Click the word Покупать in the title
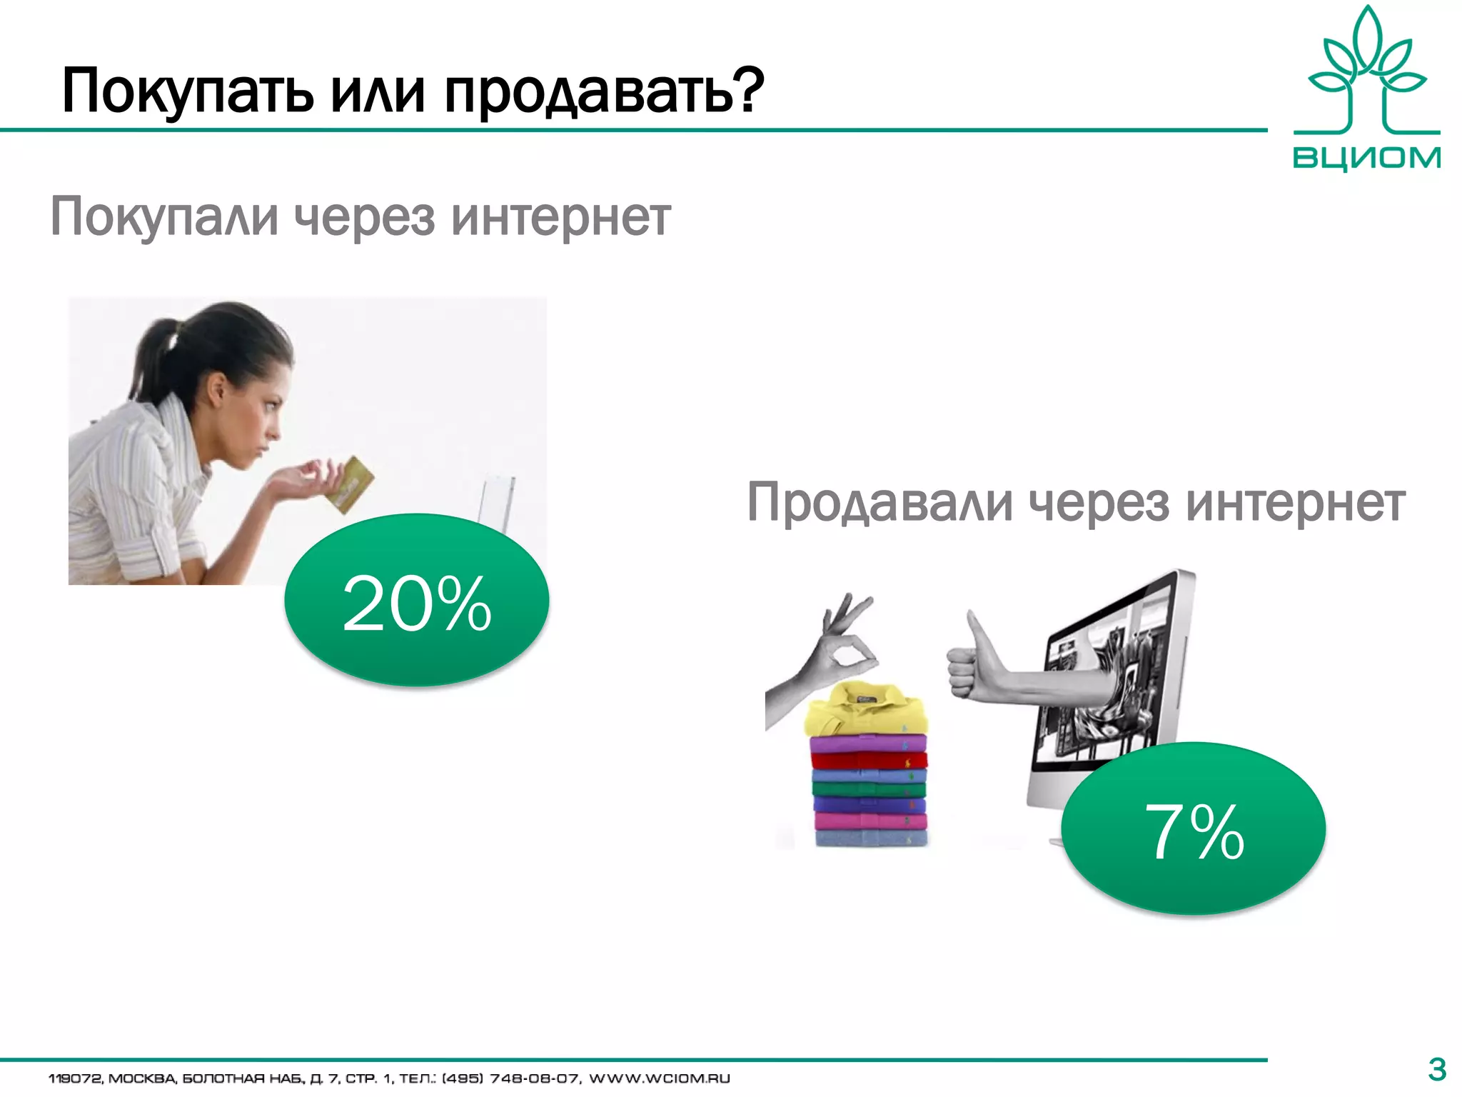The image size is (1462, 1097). [x=187, y=91]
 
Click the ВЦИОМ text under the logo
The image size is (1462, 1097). [x=1366, y=157]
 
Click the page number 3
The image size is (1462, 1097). [x=1436, y=1070]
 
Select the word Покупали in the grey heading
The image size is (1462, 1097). [x=164, y=218]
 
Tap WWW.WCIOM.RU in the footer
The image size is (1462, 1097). [x=659, y=1078]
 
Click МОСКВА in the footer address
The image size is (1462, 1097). [x=141, y=1078]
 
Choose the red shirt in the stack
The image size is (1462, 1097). [x=869, y=760]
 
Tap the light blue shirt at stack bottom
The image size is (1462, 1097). [x=871, y=838]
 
